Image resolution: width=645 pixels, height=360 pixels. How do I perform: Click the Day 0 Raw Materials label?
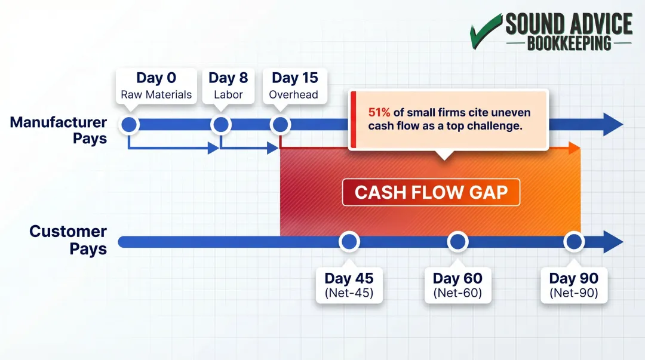click(156, 86)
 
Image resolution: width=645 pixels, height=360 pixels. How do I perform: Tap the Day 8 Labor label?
click(228, 86)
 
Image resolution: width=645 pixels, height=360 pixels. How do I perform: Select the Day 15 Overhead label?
click(294, 86)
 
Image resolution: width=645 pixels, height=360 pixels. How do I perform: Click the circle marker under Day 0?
click(130, 125)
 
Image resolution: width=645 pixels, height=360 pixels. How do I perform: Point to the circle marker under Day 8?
click(221, 125)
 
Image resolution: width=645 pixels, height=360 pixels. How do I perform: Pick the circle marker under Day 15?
click(280, 125)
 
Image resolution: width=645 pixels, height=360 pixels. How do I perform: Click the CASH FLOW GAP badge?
click(431, 192)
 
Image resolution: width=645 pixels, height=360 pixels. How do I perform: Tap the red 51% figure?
click(379, 112)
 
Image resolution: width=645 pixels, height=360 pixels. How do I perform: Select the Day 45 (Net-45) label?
click(349, 285)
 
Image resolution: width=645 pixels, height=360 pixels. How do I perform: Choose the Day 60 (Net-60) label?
click(457, 285)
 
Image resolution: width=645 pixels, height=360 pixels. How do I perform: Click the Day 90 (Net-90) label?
click(574, 285)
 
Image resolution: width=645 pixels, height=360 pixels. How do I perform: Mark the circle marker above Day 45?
click(349, 242)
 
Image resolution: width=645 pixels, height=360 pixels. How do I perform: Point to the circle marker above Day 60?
click(457, 242)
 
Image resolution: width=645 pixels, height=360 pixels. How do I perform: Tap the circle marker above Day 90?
click(574, 242)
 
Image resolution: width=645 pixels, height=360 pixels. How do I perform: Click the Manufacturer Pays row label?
click(59, 130)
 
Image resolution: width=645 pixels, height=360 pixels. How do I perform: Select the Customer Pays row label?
click(68, 239)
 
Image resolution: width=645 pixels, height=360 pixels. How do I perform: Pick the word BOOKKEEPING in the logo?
click(569, 43)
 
